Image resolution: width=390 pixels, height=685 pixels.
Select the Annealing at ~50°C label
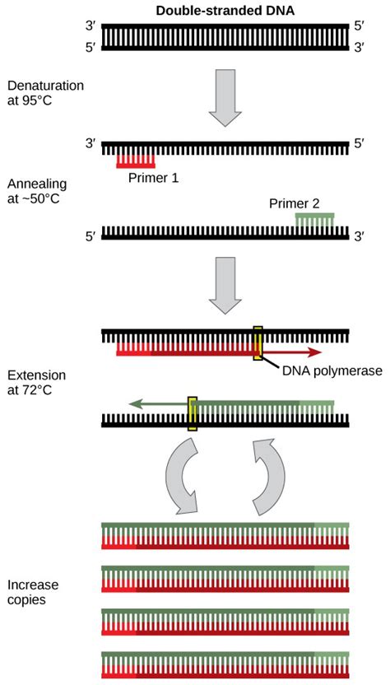point(33,192)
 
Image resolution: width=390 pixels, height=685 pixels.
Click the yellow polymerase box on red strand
point(258,343)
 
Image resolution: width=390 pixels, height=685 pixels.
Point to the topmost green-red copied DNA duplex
point(225,534)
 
